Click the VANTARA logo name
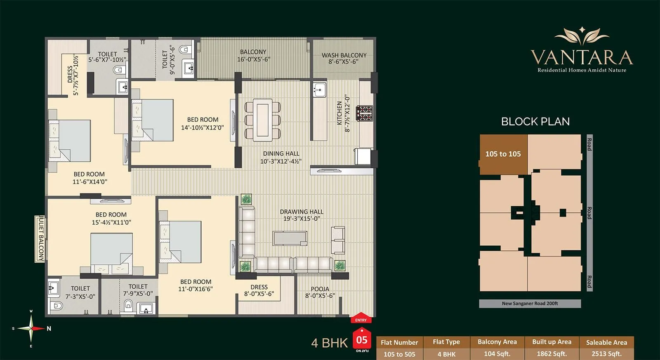coord(582,57)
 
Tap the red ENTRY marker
coord(361,318)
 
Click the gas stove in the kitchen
coord(365,113)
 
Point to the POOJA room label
coord(320,289)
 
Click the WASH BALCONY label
coord(344,55)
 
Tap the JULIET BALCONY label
coord(41,239)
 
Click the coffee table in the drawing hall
coord(290,238)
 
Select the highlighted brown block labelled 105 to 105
coord(503,154)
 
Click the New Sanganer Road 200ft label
coord(530,304)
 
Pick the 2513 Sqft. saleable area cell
coord(606,354)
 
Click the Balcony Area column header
coord(497,342)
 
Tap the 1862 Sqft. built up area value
coord(552,354)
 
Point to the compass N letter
coord(49,329)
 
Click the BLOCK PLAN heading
coord(535,122)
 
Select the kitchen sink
coord(319,90)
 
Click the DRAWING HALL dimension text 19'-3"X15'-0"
coord(302,219)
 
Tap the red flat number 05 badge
coord(362,340)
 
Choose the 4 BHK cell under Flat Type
coord(446,354)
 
